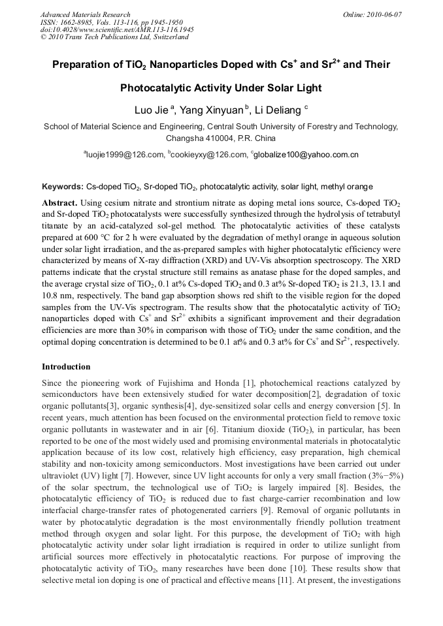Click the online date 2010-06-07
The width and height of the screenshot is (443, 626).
[x=382, y=14]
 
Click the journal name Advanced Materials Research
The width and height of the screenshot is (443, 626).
[x=85, y=14]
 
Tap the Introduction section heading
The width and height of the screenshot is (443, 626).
[x=66, y=367]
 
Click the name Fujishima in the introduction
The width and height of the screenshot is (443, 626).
[x=171, y=383]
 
